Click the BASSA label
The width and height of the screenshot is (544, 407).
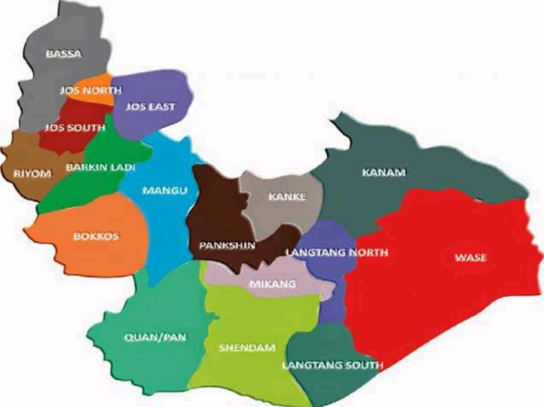click(x=63, y=54)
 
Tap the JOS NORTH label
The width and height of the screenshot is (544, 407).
click(x=90, y=91)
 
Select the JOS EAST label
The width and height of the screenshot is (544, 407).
click(x=151, y=107)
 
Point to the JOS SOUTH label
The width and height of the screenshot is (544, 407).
click(x=74, y=128)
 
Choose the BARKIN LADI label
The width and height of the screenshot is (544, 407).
click(x=100, y=167)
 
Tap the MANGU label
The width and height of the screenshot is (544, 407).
click(x=165, y=190)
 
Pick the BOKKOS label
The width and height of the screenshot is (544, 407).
click(x=96, y=236)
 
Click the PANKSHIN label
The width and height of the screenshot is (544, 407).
click(x=227, y=245)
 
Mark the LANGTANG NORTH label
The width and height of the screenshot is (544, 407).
click(x=337, y=253)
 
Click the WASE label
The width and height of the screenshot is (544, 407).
click(x=471, y=257)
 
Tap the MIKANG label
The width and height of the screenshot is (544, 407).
click(x=272, y=283)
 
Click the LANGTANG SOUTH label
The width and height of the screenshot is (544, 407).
click(x=332, y=365)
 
